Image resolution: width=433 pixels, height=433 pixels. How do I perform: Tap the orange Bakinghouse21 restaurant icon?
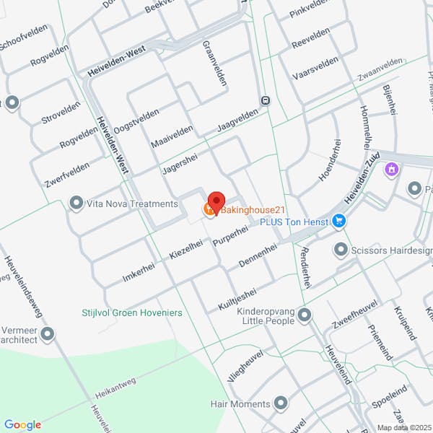pos(209,210)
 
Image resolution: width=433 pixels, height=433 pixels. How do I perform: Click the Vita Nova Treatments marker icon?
pos(76,204)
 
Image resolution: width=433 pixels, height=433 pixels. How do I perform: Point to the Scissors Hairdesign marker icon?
pos(341,250)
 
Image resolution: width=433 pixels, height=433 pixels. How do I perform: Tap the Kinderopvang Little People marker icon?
pos(305,315)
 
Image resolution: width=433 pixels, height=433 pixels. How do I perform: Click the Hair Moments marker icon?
pos(281,403)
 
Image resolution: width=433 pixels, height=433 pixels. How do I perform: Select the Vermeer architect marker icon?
pos(48,334)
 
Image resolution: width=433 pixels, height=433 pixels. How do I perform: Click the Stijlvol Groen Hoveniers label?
pos(132,313)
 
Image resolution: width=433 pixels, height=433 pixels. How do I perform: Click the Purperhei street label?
pos(230,236)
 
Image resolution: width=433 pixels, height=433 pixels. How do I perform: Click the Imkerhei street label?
pos(139,268)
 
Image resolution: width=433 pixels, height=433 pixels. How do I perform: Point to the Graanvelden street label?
pos(214,64)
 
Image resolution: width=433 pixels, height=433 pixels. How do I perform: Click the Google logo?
pos(22,425)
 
